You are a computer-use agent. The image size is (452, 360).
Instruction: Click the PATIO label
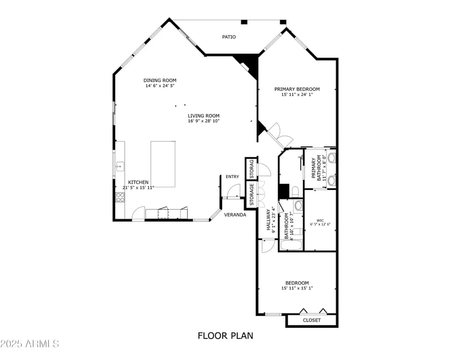coord(229,37)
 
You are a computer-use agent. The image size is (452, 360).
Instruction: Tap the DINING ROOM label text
coord(160,80)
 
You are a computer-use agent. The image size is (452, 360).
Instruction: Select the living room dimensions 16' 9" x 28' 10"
coord(204,121)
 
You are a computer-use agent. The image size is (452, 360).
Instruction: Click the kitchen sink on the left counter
coord(120,166)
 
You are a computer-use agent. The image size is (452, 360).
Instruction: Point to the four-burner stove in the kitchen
coord(120,197)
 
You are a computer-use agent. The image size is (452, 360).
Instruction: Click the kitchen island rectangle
coord(163,164)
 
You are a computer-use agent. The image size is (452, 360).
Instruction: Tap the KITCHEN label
coord(138,182)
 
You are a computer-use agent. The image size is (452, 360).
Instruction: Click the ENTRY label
coord(232,177)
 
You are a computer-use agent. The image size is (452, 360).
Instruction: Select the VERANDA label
coord(234,215)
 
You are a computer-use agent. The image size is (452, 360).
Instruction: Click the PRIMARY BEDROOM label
coord(297,89)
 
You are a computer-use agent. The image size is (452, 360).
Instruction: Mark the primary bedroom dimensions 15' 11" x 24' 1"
coord(297,95)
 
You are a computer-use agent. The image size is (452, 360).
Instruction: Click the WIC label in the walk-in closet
coord(320,220)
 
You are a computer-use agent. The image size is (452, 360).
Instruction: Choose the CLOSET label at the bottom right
coord(311,320)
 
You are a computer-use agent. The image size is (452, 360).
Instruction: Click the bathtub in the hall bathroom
coord(292,245)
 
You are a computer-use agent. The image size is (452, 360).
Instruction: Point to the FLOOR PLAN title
coord(225,336)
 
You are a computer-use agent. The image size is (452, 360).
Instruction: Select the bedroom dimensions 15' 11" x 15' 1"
coord(297,288)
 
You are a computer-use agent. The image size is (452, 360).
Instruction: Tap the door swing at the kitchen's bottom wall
coord(138,214)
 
